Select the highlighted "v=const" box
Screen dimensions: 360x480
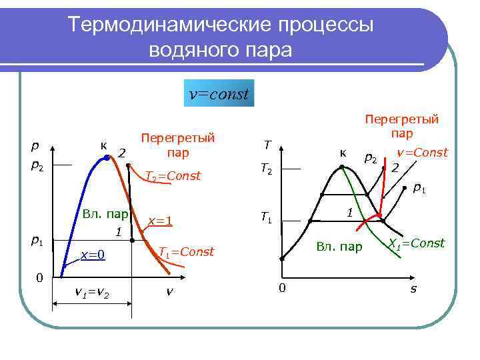(x=219, y=94)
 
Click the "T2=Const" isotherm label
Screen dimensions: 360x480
(x=173, y=176)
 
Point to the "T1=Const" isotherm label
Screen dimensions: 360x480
(x=185, y=251)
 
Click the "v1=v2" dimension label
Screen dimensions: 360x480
(x=93, y=293)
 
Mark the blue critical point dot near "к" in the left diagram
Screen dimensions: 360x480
(x=107, y=158)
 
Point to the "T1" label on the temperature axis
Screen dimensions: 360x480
(x=266, y=217)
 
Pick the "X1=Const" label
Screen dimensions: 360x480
(x=417, y=243)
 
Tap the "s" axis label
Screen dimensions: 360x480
(x=413, y=289)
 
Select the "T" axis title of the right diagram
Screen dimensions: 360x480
(x=267, y=144)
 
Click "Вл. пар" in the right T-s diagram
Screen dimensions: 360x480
(x=339, y=247)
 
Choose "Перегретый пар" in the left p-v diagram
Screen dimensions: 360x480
(x=177, y=145)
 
